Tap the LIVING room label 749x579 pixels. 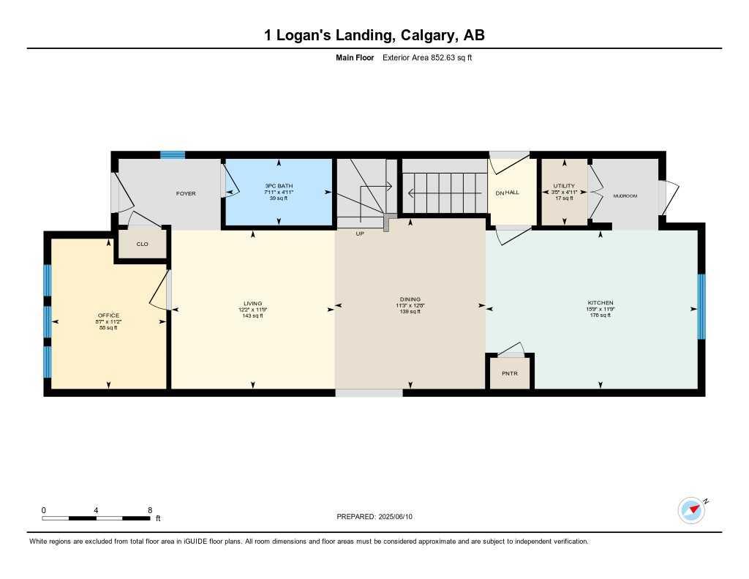pos(253,303)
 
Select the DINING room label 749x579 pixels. pos(410,299)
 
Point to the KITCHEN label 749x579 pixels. pos(601,303)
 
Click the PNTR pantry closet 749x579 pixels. pos(510,373)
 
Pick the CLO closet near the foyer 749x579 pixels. pos(142,244)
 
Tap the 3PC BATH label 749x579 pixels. pos(276,186)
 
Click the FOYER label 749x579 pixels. pos(186,194)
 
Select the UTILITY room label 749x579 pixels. pos(564,186)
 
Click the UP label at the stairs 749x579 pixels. pos(360,234)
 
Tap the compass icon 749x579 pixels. pos(691,510)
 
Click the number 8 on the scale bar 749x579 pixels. pos(149,510)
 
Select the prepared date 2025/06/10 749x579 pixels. pos(401,517)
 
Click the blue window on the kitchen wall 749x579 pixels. pos(701,306)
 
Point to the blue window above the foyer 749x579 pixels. pos(173,154)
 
